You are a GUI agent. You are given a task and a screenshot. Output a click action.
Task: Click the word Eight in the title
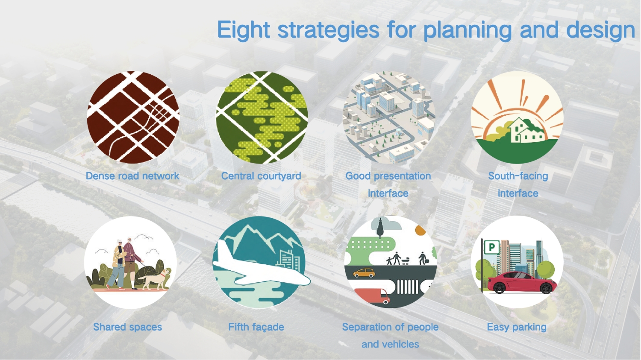(x=243, y=30)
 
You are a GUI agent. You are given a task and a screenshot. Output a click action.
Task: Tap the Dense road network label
(x=132, y=176)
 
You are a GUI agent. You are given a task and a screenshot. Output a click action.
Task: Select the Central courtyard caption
(x=261, y=176)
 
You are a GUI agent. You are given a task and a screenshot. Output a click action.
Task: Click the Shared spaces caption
(x=128, y=327)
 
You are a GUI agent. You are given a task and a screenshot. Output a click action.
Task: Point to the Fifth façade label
(x=256, y=327)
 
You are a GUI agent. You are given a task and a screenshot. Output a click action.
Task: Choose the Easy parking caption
(x=517, y=327)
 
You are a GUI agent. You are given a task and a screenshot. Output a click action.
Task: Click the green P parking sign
(x=492, y=247)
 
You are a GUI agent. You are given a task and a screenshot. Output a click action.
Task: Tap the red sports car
(x=522, y=282)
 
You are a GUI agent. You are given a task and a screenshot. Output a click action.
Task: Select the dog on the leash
(x=156, y=278)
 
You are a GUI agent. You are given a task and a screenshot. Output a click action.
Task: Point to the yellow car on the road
(x=364, y=273)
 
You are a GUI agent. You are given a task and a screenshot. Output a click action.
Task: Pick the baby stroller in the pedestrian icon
(x=405, y=261)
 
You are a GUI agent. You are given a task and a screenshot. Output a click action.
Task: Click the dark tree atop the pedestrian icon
(x=380, y=228)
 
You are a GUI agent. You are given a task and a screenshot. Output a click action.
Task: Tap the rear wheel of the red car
(x=500, y=288)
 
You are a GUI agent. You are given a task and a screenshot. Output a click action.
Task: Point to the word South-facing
(x=518, y=176)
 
